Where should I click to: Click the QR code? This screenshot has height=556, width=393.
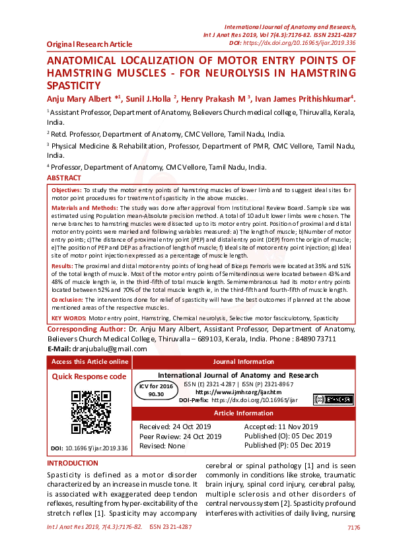(x=90, y=413)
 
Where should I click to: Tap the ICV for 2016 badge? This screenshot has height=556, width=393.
(x=156, y=389)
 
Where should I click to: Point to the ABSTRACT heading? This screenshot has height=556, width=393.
(x=64, y=178)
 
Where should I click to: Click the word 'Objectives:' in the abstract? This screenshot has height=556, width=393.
(x=67, y=190)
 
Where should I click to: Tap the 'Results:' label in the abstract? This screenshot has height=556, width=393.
(x=63, y=265)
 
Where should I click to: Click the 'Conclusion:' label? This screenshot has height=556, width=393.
(x=68, y=300)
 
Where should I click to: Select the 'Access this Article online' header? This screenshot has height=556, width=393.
(x=90, y=362)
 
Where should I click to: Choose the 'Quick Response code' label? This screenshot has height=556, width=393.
(x=89, y=376)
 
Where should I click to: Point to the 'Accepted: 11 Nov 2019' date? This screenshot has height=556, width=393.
(x=281, y=427)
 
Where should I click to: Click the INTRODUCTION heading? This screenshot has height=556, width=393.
(x=73, y=464)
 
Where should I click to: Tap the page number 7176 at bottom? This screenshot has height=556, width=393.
(x=353, y=527)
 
